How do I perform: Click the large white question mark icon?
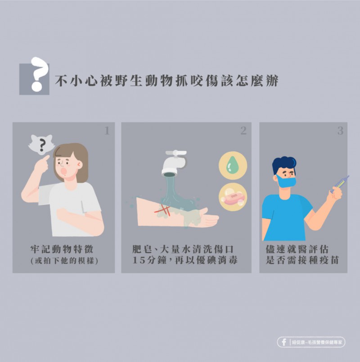tap(40, 74)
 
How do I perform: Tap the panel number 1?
tap(107, 131)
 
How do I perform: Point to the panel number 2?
tap(243, 131)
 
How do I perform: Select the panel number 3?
tap(340, 131)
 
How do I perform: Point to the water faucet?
tap(174, 163)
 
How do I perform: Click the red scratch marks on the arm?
tap(163, 210)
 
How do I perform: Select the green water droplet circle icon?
tap(233, 165)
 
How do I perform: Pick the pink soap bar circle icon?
tap(233, 197)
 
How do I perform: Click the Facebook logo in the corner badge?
tap(284, 342)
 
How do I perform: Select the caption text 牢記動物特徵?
tap(62, 249)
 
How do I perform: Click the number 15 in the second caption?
tap(138, 261)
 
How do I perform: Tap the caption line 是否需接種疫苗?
tap(302, 260)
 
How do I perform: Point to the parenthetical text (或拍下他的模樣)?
tap(64, 261)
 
